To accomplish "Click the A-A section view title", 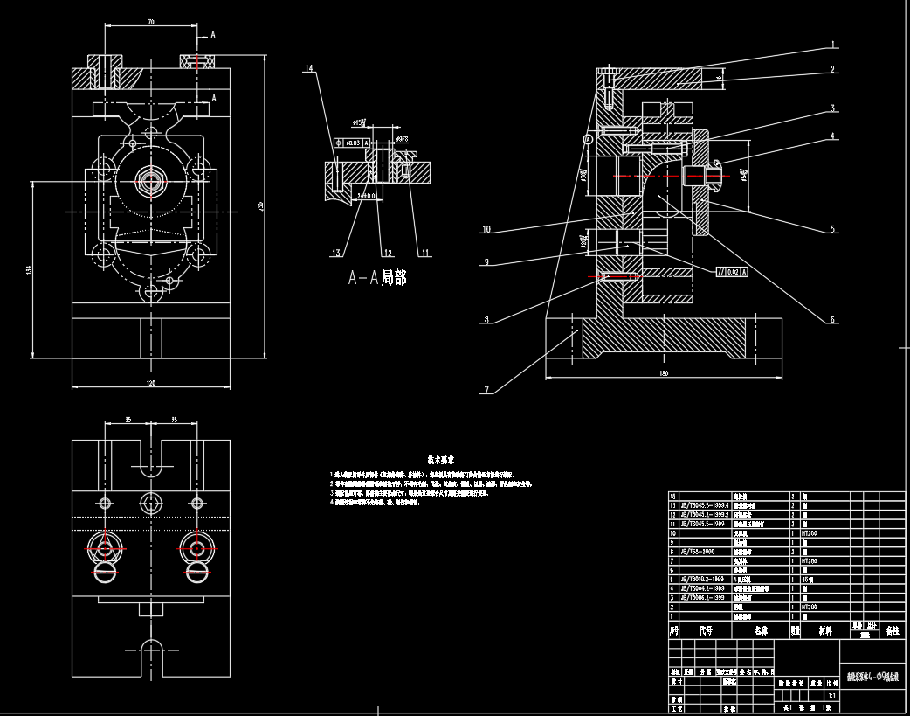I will [377, 278].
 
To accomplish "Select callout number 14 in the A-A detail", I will [308, 68].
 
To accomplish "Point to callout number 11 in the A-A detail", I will [425, 254].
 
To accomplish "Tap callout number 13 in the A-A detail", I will [334, 254].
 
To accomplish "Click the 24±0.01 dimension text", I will [366, 197].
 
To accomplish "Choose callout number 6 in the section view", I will [833, 320].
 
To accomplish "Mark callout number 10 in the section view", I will [486, 230].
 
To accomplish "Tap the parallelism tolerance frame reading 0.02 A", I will [732, 272].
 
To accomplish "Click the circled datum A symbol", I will [588, 139].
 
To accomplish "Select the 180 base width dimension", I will [662, 373].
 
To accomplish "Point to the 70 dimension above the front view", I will [151, 21].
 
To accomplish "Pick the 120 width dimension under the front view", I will [150, 383].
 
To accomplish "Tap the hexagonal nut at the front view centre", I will [152, 182].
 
